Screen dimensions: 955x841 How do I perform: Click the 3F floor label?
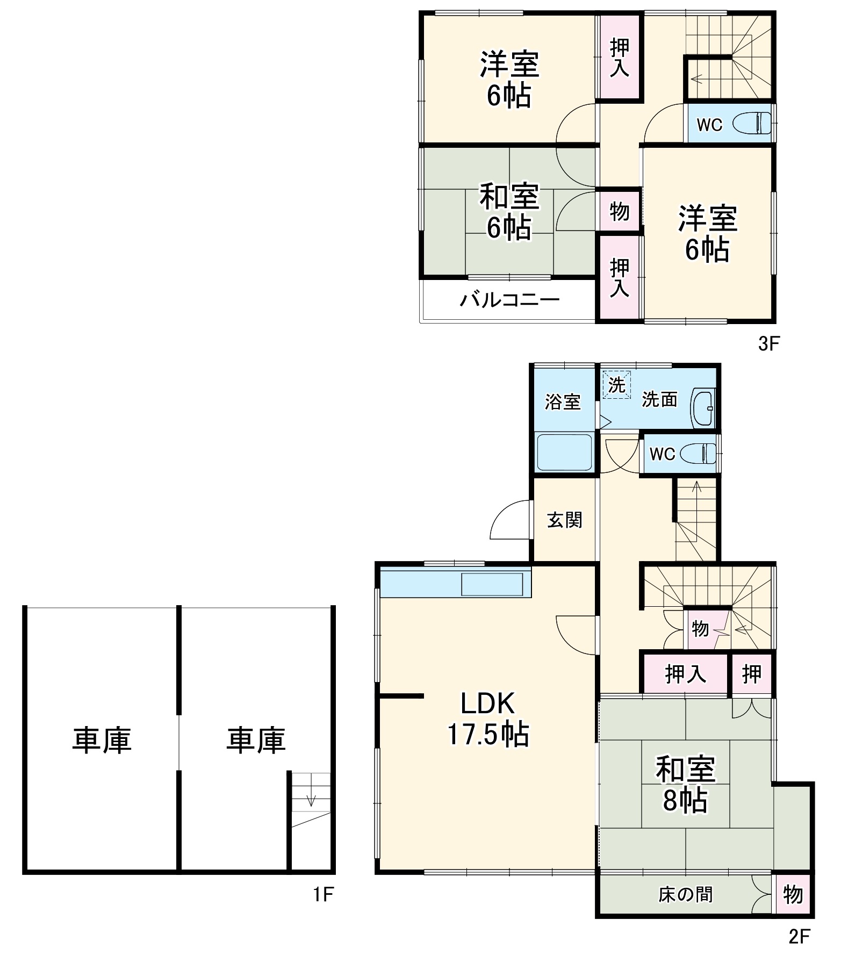point(768,344)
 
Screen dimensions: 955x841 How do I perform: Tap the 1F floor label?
point(324,894)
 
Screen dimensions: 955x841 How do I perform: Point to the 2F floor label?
point(799,936)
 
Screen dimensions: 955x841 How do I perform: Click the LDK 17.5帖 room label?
point(487,719)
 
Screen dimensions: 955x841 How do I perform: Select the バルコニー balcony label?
point(509,299)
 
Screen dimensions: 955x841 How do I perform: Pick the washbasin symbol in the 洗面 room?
point(703,408)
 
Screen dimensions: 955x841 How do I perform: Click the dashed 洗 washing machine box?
point(616,385)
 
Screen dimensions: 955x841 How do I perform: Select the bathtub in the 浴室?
point(564,452)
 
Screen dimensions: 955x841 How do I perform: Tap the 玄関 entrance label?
point(564,520)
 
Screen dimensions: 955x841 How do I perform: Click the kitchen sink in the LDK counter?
point(492,585)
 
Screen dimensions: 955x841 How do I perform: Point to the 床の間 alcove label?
point(685,894)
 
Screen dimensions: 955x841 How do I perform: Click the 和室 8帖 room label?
point(685,784)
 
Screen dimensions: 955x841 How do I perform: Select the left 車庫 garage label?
point(102,740)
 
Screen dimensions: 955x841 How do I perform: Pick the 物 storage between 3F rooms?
point(619,211)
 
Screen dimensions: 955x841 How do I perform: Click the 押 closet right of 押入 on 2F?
point(751,673)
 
